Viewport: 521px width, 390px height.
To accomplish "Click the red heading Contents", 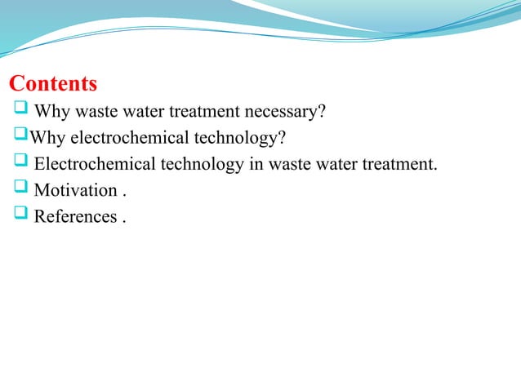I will tap(53, 84).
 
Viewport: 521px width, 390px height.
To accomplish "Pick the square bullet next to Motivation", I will tap(20, 189).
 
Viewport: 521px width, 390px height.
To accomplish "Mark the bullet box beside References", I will tap(20, 215).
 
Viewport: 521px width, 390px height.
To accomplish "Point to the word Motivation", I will tap(76, 191).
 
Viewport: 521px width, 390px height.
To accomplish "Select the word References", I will tap(74, 217).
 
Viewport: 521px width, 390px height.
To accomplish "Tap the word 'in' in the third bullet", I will tap(256, 164).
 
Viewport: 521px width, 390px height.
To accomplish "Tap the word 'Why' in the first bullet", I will tap(54, 112).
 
